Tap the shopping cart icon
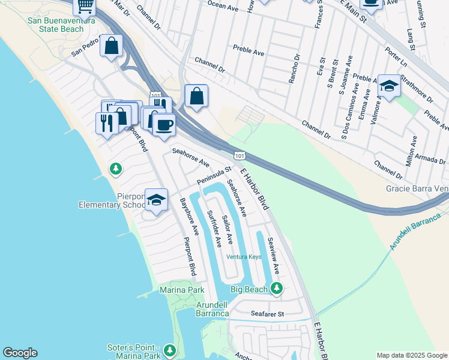pos(85,6)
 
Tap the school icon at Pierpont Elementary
pos(156,200)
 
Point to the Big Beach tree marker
pos(276,289)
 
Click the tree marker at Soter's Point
pos(170,350)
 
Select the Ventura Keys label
pos(245,257)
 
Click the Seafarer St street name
pos(267,313)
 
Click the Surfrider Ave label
pos(214,229)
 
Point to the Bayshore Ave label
pos(189,217)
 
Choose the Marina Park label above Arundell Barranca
pos(182,290)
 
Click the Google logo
pos(20,353)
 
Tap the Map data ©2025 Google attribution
pos(411,355)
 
